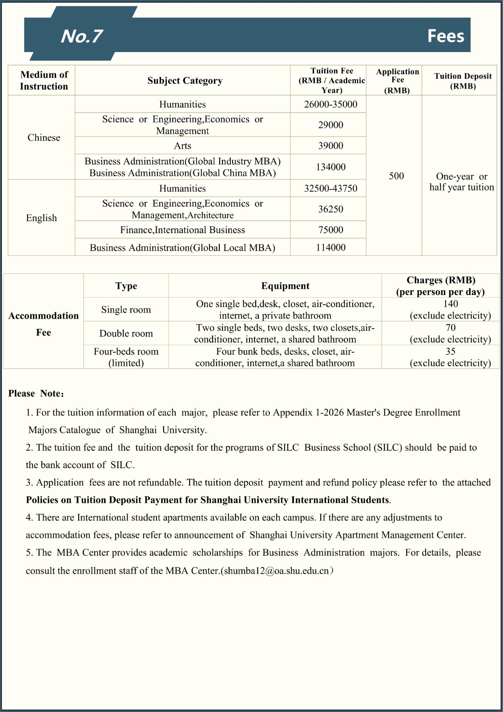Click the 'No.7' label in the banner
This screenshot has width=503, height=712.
pos(82,36)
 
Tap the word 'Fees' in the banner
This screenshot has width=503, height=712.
pos(445,36)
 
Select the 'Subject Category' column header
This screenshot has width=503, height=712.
pos(185,81)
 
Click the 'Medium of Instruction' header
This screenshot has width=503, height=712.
pos(44,81)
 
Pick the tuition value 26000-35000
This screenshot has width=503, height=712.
pos(330,105)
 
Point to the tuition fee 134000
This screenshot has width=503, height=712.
pos(330,167)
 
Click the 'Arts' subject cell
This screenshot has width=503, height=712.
pos(182,146)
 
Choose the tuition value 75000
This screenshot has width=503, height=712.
pos(330,230)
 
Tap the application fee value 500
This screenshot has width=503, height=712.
pos(396,176)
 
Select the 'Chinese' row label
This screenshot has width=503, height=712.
pos(44,138)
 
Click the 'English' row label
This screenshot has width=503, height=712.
pos(41,218)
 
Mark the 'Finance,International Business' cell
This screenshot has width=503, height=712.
pos(182,230)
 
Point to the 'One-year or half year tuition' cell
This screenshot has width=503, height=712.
pos(462,182)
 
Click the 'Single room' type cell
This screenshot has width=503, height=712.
pos(126,310)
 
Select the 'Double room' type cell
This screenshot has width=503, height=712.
pos(126,334)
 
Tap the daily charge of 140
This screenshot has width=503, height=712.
pos(451,304)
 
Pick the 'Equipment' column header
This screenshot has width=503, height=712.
pos(285,286)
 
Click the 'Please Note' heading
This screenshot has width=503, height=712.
pos(36,394)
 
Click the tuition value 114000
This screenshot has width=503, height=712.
pos(330,248)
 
